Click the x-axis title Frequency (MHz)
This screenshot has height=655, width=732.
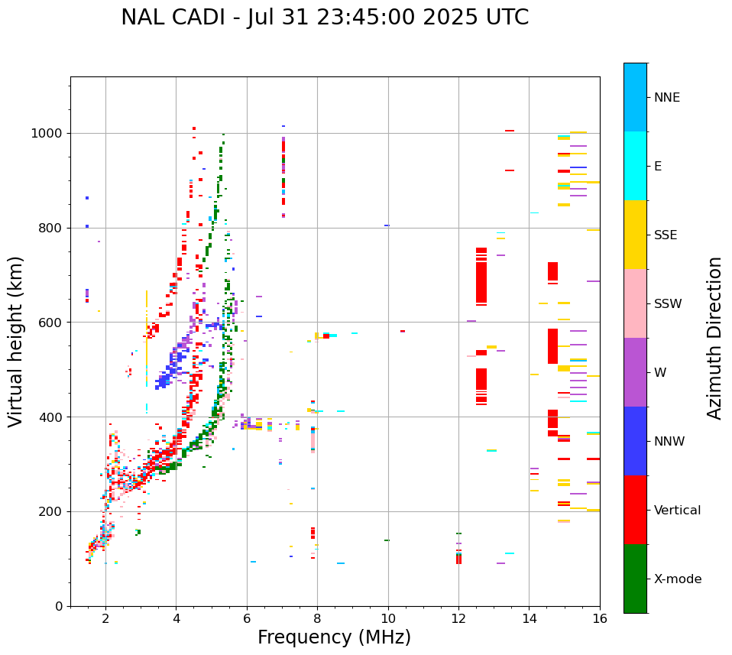(x=334, y=637)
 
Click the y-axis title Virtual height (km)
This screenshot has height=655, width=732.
(x=16, y=342)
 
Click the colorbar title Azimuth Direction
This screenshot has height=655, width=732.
(x=714, y=338)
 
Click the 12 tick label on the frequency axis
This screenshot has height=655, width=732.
(x=458, y=619)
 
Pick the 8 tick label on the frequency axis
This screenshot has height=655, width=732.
(x=317, y=619)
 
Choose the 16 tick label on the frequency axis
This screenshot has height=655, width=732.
(x=600, y=619)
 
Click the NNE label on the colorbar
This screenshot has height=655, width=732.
(x=667, y=98)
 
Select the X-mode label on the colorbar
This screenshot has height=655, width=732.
(x=678, y=579)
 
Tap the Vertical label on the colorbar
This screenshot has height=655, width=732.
(x=678, y=511)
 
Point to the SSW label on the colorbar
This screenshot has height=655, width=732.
(x=668, y=304)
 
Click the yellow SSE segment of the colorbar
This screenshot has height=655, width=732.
(x=635, y=235)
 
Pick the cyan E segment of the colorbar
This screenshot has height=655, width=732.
(x=635, y=166)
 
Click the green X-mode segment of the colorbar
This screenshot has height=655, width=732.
(x=635, y=579)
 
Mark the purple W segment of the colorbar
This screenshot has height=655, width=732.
(x=635, y=372)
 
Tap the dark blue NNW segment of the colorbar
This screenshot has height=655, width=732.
(x=635, y=441)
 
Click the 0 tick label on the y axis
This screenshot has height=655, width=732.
(x=58, y=606)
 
